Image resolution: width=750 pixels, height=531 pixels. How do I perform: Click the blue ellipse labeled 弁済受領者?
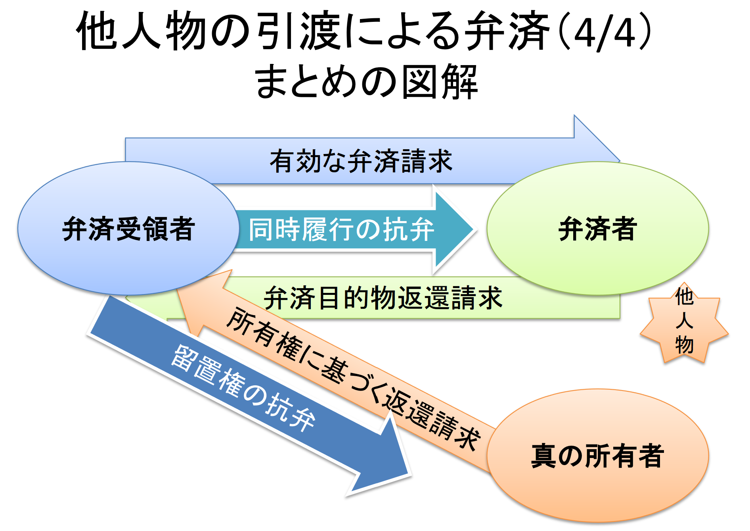point(128,229)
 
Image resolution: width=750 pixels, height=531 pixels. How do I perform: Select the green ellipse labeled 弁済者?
point(597,229)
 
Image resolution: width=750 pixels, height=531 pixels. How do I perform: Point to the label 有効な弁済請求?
point(361,161)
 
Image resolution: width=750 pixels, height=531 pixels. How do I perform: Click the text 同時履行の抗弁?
point(341,229)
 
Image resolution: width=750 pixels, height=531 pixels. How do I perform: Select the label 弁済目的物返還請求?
point(383,298)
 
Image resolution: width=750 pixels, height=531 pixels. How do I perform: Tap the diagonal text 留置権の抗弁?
point(243,387)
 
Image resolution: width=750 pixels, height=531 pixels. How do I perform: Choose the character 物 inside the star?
point(684,344)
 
